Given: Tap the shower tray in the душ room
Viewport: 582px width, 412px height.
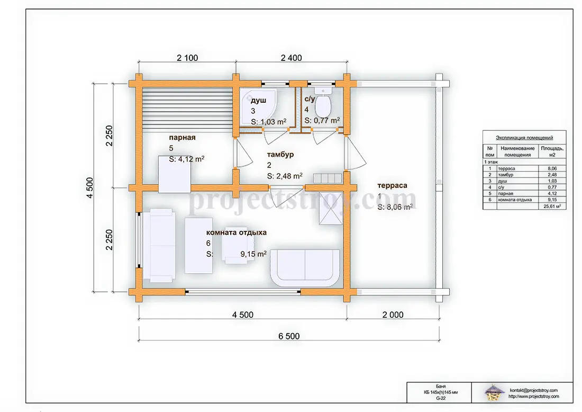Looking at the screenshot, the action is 258,107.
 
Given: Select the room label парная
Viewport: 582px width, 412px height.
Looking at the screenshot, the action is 182,138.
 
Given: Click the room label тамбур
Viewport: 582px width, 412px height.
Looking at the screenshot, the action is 280,155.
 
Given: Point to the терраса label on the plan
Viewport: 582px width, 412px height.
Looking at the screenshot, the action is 393,185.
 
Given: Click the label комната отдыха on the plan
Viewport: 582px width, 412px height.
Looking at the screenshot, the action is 237,232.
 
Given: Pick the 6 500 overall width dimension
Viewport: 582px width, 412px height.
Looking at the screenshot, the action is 289,336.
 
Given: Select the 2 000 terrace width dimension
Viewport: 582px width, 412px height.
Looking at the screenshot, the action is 393,315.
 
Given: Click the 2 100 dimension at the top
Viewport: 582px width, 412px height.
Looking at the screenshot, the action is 187,58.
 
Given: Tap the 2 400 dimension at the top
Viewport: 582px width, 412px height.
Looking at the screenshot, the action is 292,58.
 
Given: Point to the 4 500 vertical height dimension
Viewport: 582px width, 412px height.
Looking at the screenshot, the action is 90,188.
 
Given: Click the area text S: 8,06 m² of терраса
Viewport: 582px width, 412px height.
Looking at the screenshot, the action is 395,207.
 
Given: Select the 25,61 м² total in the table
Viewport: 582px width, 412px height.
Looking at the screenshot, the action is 552,206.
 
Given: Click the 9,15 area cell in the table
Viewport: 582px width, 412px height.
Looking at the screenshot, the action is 552,200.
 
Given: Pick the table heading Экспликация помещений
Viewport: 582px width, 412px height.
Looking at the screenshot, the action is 524,138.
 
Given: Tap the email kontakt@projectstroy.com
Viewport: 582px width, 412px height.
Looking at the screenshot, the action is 533,390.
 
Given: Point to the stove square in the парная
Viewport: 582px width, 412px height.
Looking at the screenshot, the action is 175,174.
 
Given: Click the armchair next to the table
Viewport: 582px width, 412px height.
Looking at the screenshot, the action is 238,245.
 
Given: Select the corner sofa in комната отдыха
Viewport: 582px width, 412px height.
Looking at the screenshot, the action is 305,268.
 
